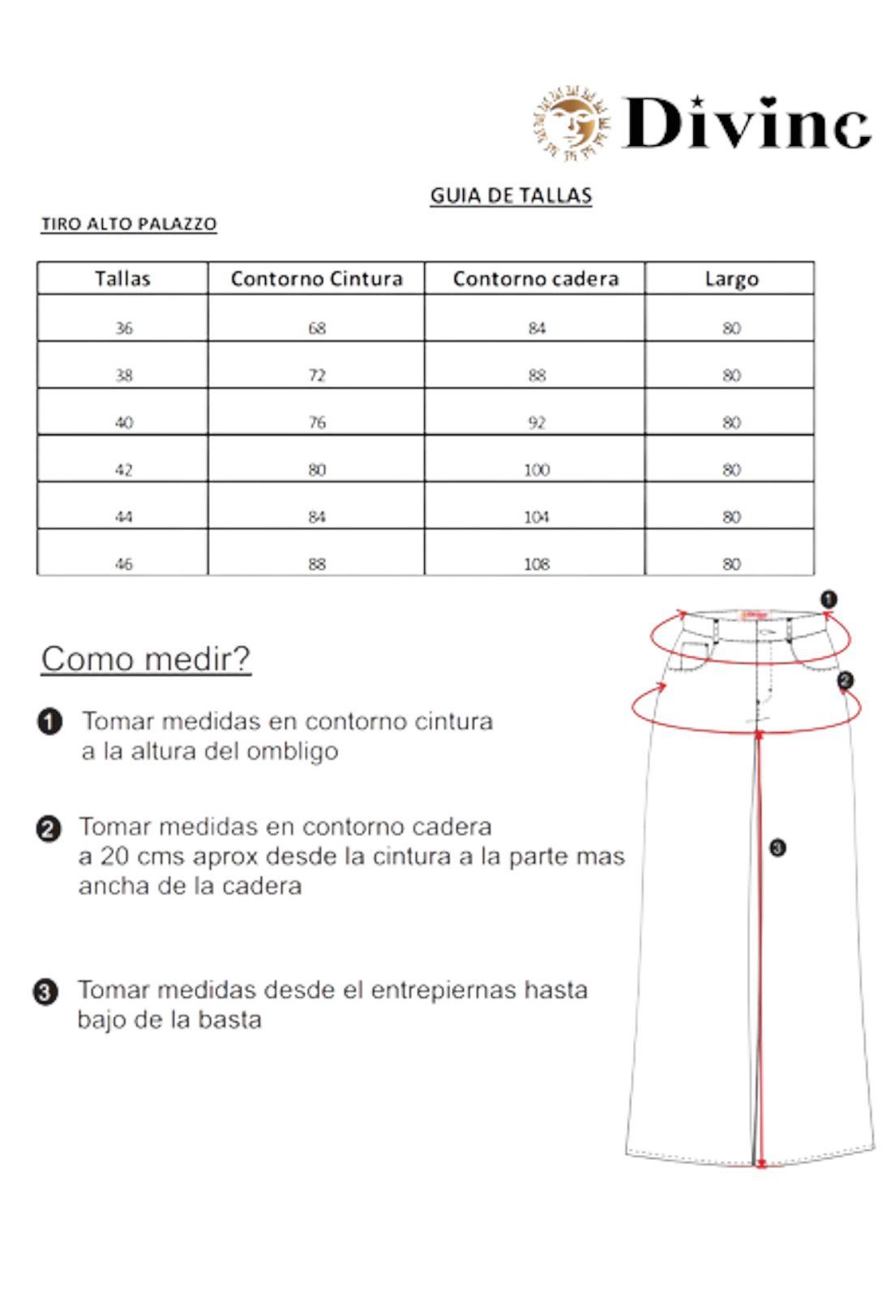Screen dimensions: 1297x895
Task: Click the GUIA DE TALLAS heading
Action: coord(511,195)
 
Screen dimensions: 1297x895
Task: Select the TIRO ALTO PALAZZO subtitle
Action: coord(129,224)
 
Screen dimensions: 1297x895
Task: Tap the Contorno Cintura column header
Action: coord(316,279)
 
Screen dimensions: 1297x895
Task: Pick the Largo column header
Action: coord(731,279)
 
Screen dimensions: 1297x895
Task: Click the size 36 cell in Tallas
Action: coord(123,328)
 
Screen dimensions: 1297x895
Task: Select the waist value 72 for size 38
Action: coord(316,375)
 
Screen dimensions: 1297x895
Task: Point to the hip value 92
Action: coord(536,422)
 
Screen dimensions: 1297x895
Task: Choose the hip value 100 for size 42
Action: coord(536,469)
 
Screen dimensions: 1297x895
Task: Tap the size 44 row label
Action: coord(123,516)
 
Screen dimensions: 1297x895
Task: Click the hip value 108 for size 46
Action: coord(536,563)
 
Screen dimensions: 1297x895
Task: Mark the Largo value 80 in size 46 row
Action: coord(731,563)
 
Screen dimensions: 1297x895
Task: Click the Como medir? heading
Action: coord(146,659)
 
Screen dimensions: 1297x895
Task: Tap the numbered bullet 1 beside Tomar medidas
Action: coord(49,721)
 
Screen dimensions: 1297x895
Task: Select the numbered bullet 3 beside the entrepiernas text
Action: coord(45,992)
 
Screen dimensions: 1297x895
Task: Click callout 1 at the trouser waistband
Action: coord(829,600)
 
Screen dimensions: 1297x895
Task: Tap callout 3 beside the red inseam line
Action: coord(777,848)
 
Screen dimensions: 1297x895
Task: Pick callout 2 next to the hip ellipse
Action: coord(845,680)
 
